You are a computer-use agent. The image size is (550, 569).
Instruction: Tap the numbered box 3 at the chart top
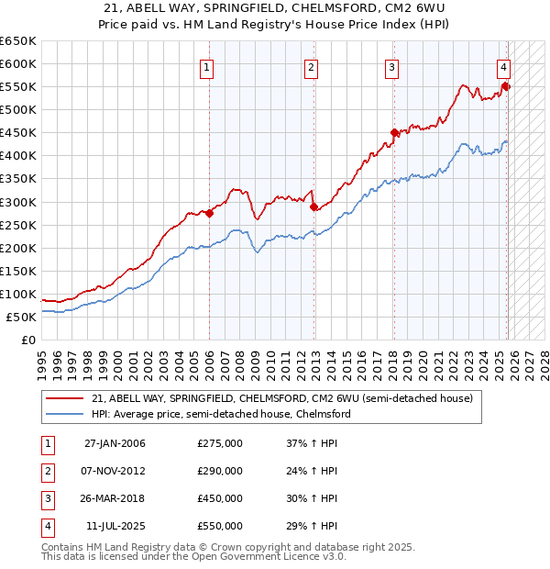(x=391, y=67)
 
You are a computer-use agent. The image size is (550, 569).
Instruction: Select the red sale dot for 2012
(x=313, y=206)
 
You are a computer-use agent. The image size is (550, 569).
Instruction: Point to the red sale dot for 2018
(x=394, y=132)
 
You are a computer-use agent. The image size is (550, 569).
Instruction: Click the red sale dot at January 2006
(x=209, y=213)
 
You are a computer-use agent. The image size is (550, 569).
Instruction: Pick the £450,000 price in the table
(x=220, y=498)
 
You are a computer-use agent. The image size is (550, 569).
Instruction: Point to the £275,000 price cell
(x=220, y=443)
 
